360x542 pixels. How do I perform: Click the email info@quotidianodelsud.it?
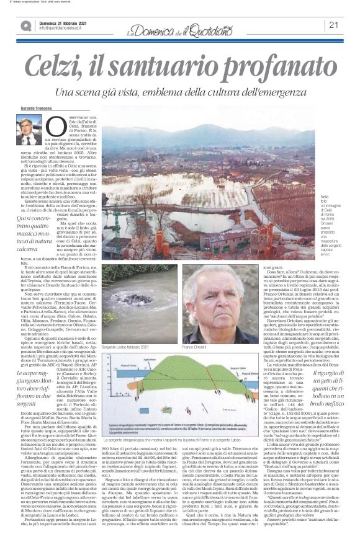66,29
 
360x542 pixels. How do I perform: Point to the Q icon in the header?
25,25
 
